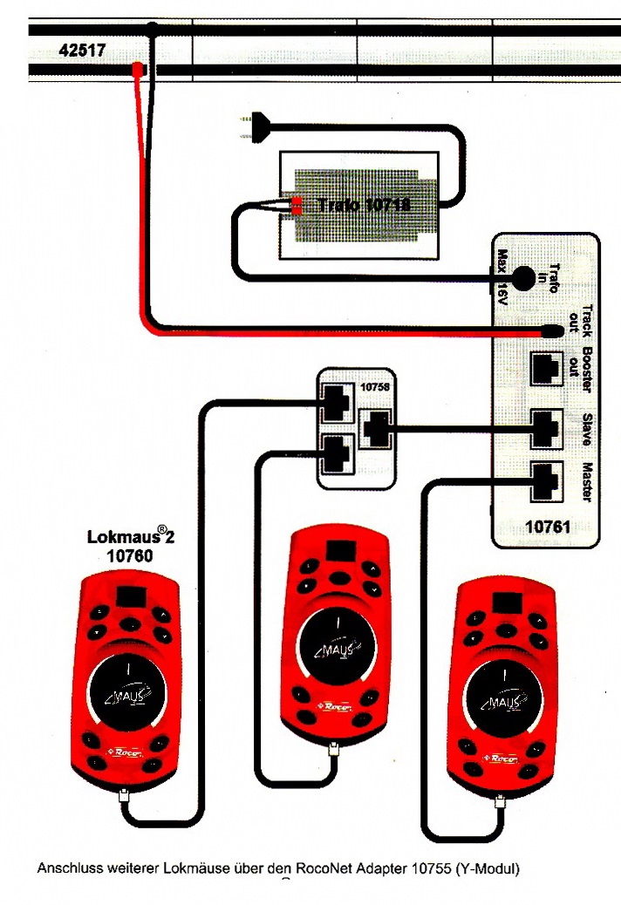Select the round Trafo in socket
pyautogui.click(x=523, y=278)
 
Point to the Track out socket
pyautogui.click(x=553, y=331)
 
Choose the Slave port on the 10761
pyautogui.click(x=546, y=427)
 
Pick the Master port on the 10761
pyautogui.click(x=546, y=478)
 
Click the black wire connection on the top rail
pyautogui.click(x=152, y=30)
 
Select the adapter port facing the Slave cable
pyautogui.click(x=375, y=427)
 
